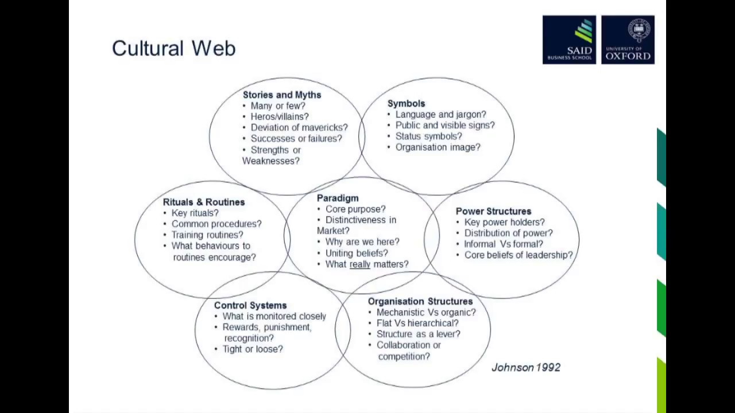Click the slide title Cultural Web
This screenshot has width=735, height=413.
tap(173, 48)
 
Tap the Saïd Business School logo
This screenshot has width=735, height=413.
tap(569, 40)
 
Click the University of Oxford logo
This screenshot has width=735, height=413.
tap(628, 40)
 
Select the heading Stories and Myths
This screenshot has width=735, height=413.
tap(281, 95)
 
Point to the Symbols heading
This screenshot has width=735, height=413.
tap(406, 103)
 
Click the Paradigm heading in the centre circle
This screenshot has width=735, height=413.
tap(338, 198)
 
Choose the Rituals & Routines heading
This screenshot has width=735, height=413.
tap(204, 202)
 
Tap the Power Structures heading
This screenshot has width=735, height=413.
tap(493, 211)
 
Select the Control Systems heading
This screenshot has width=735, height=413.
tap(250, 305)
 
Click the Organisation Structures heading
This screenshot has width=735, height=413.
tap(420, 301)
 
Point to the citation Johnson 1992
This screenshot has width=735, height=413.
tap(525, 368)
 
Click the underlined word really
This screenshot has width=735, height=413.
tap(360, 264)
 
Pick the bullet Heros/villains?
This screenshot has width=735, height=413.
tap(280, 116)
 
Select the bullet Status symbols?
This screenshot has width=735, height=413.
tap(428, 136)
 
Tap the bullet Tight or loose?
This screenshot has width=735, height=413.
tap(253, 349)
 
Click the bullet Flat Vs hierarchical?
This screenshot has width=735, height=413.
tap(417, 323)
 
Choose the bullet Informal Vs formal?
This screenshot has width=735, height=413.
tap(504, 244)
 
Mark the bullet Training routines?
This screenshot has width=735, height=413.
tap(207, 235)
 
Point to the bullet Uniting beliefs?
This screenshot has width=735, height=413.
tap(357, 253)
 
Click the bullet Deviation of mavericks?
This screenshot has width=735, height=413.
tap(299, 127)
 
